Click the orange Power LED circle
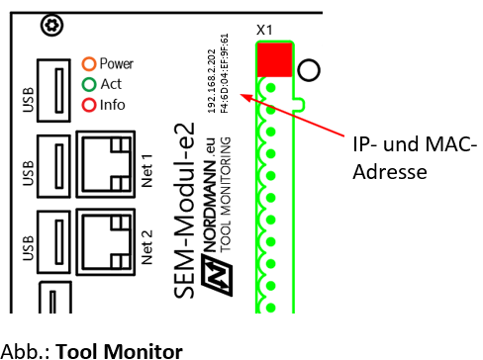point(88,63)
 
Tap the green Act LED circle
point(88,84)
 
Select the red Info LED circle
point(88,104)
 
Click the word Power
point(116,63)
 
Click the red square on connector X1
point(274,60)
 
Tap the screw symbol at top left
point(47,23)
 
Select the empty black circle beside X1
point(308,69)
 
